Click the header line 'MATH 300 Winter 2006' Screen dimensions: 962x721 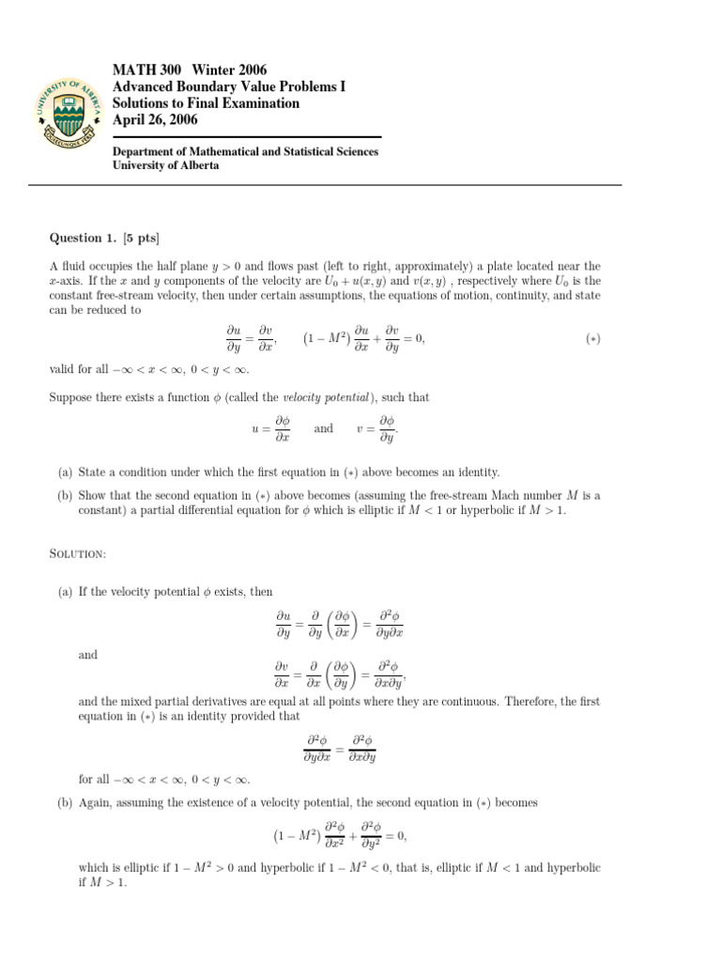(x=190, y=70)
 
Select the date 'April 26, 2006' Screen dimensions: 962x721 (x=155, y=120)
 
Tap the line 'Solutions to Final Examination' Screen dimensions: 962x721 (x=206, y=103)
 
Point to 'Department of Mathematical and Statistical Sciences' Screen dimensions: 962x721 (x=246, y=150)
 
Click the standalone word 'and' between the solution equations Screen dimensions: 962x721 (x=87, y=655)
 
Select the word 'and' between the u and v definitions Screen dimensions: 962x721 (x=323, y=428)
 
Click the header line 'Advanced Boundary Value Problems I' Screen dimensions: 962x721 (x=229, y=86)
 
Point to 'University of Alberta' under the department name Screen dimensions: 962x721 (x=166, y=165)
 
